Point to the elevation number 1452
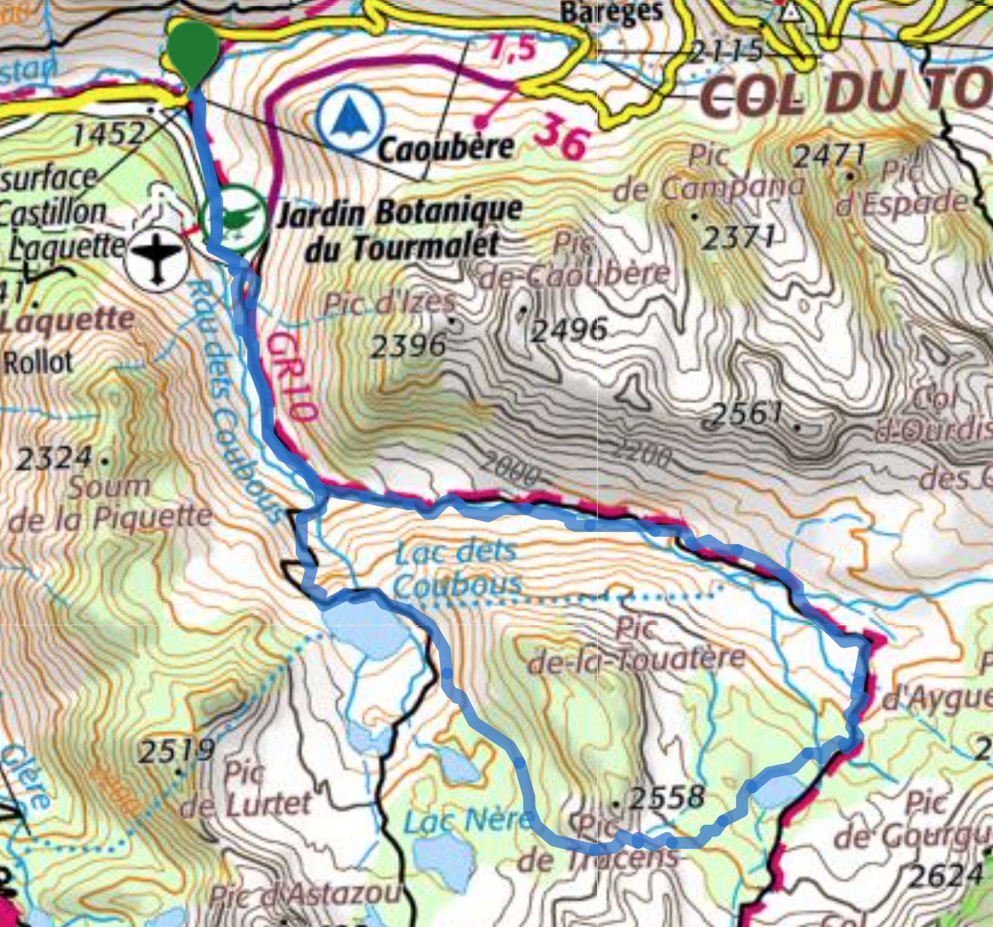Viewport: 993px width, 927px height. [108, 134]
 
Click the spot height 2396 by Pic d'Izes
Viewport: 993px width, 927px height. [408, 346]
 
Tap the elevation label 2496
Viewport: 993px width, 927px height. [568, 331]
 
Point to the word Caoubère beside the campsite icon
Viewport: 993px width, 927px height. [446, 148]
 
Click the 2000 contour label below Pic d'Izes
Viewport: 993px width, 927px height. [509, 471]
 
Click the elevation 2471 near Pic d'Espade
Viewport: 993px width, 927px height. [829, 155]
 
